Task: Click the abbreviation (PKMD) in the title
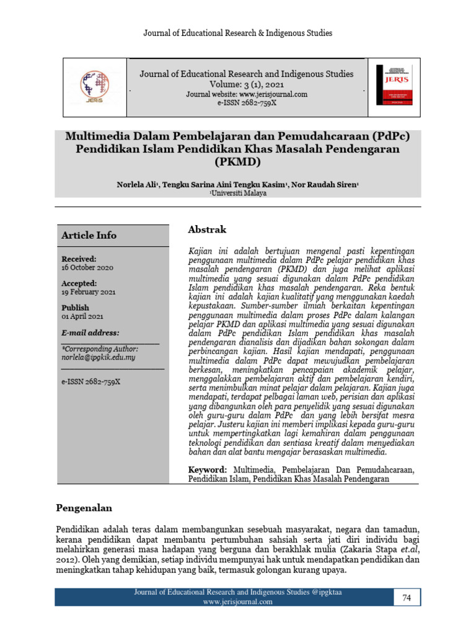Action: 238,163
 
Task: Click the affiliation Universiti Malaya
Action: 239,193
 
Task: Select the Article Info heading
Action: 89,236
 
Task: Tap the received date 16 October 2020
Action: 87,267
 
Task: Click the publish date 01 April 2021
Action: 82,316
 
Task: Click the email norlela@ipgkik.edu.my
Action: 99,358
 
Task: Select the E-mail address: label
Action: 90,333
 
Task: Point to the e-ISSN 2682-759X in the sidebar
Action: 90,381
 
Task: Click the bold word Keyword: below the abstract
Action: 208,469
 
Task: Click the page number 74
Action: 407,597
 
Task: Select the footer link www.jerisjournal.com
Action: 237,602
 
